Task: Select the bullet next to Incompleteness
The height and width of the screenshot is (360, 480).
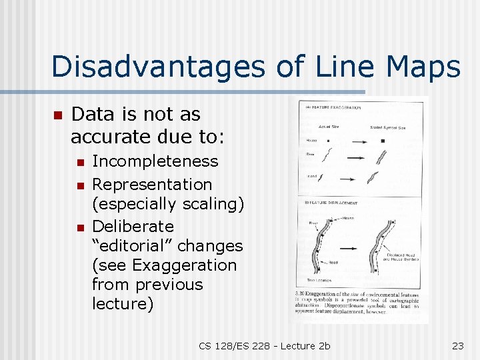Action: pyautogui.click(x=79, y=162)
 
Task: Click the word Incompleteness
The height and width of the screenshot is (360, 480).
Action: pyautogui.click(x=155, y=161)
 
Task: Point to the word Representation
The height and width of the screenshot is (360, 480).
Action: pyautogui.click(x=152, y=184)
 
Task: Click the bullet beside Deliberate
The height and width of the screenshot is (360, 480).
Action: pyautogui.click(x=79, y=227)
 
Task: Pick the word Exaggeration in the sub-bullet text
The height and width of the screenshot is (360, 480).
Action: pyautogui.click(x=185, y=265)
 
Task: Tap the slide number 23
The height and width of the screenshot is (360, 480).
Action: pyautogui.click(x=457, y=345)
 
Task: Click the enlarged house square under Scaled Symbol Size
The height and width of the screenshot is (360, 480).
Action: pyautogui.click(x=383, y=141)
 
